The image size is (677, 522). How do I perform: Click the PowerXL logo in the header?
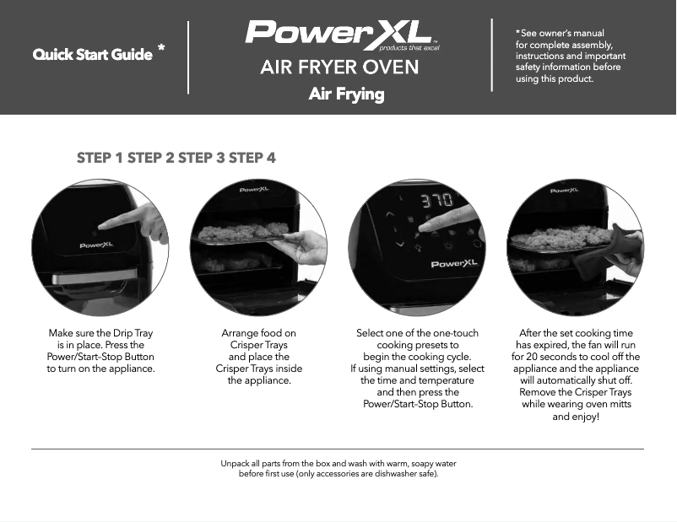[339, 33]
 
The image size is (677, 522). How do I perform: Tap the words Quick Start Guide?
[93, 55]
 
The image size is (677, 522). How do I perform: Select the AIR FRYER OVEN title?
[339, 67]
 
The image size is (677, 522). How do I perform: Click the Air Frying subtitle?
[346, 94]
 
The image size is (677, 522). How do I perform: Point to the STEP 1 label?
[100, 158]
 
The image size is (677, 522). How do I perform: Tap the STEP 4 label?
[252, 158]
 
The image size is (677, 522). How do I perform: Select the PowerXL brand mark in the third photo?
[454, 264]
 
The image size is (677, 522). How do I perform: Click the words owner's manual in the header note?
[576, 33]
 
